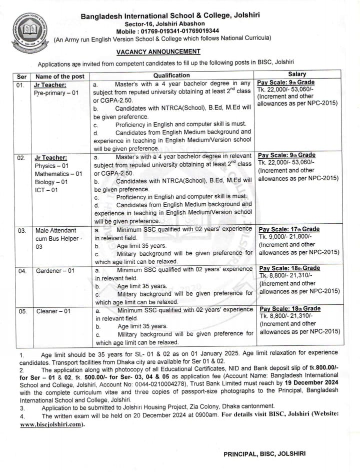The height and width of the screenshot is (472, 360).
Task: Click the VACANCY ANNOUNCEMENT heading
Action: (x=158, y=52)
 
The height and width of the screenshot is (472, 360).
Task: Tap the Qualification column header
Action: (x=171, y=75)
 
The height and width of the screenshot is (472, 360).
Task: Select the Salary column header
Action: (x=297, y=75)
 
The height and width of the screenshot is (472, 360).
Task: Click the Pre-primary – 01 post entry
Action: (x=56, y=93)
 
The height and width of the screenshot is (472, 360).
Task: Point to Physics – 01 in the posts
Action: (x=51, y=166)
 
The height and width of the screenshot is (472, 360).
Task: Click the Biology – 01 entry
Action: (x=51, y=182)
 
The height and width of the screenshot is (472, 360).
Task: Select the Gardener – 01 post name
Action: (x=55, y=271)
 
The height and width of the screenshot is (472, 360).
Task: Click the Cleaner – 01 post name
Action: (x=53, y=311)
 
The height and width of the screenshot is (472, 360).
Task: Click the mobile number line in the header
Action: (x=162, y=31)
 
